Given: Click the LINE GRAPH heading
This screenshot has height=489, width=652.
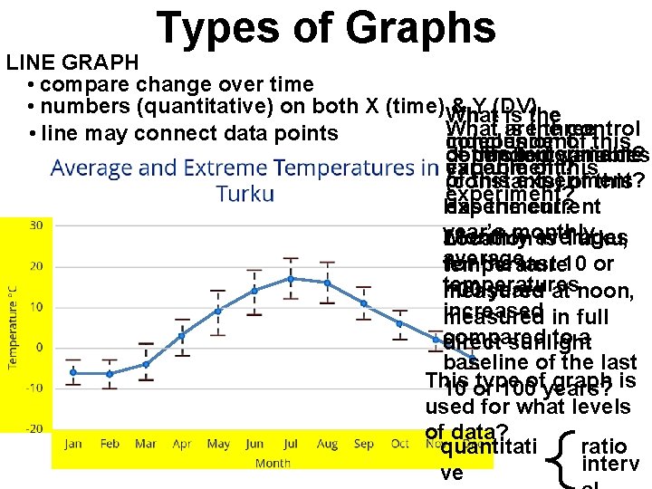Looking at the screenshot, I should tap(72, 62).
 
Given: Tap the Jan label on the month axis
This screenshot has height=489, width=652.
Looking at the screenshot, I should tap(73, 444).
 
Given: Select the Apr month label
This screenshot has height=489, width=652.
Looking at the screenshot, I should tap(182, 444).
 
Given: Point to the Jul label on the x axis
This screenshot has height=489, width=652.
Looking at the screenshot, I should tap(291, 444).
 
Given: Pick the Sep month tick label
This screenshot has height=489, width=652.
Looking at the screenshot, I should tap(363, 444).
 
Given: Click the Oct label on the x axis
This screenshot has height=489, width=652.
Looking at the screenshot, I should tap(399, 444).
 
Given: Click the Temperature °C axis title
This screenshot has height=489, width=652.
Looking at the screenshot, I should tap(14, 326).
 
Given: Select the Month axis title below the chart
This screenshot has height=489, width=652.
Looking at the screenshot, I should tap(273, 462).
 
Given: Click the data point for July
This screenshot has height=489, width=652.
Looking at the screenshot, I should tap(290, 278).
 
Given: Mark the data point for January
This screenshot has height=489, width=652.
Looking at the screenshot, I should tap(73, 372).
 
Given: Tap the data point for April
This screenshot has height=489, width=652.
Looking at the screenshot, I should tap(181, 335).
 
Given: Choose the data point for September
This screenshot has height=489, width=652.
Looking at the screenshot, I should tap(363, 302).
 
